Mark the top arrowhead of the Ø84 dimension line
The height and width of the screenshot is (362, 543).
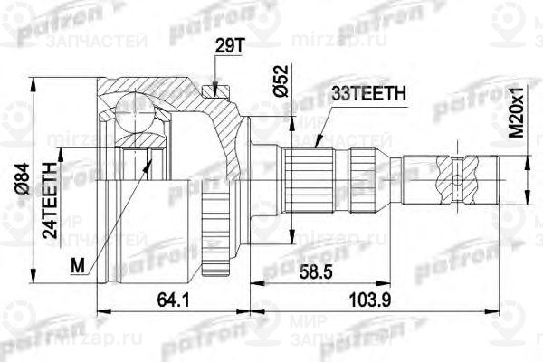[x=33, y=84]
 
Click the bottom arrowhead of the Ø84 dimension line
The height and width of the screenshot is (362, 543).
[x=33, y=276]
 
